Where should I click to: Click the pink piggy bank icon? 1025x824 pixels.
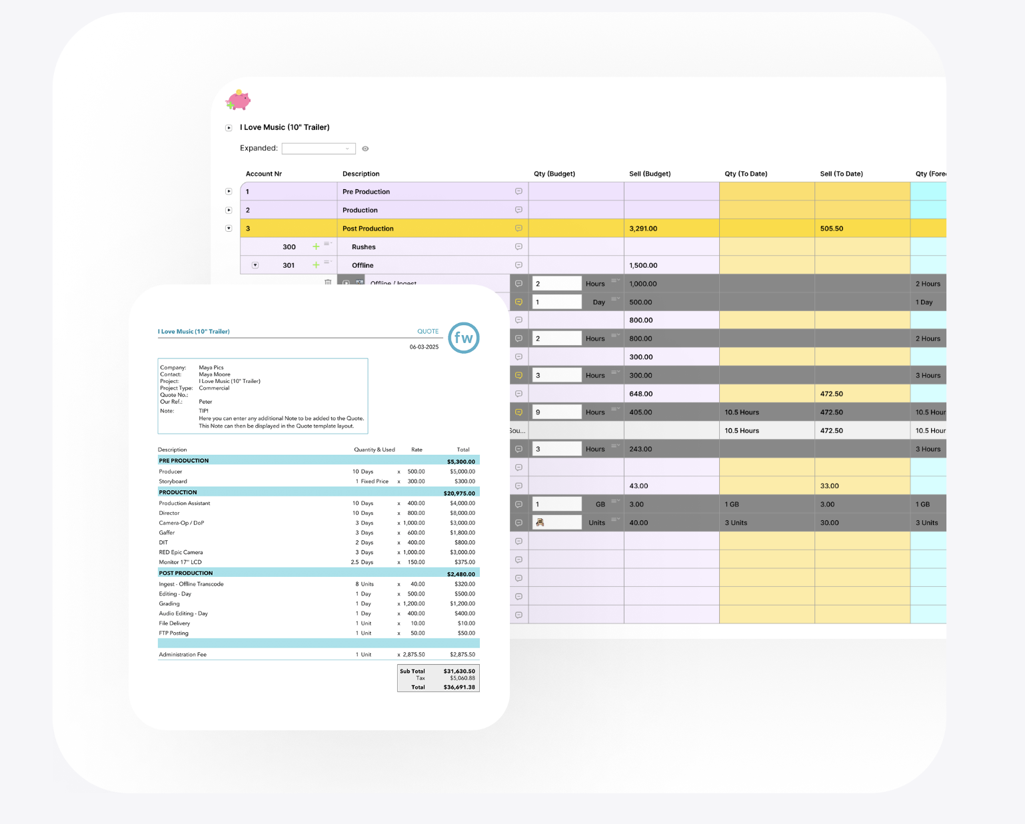pyautogui.click(x=238, y=101)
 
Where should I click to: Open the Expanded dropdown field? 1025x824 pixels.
pyautogui.click(x=318, y=149)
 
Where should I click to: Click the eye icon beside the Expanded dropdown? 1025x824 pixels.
pyautogui.click(x=365, y=149)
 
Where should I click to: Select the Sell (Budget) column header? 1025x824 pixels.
pyautogui.click(x=650, y=174)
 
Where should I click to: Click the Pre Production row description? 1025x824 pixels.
pyautogui.click(x=366, y=192)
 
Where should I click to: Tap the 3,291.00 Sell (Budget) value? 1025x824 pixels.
pyautogui.click(x=643, y=228)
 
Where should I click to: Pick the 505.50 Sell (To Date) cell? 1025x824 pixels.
pyautogui.click(x=832, y=228)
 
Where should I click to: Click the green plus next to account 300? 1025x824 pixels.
pyautogui.click(x=316, y=247)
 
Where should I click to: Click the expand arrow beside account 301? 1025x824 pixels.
pyautogui.click(x=255, y=265)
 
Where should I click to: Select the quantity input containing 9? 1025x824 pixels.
pyautogui.click(x=556, y=412)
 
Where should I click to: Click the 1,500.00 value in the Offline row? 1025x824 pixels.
pyautogui.click(x=643, y=265)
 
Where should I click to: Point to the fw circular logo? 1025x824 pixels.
pyautogui.click(x=463, y=338)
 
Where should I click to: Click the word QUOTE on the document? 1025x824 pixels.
pyautogui.click(x=428, y=331)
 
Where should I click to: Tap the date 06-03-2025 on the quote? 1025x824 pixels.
pyautogui.click(x=424, y=347)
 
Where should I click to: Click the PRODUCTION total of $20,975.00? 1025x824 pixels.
pyautogui.click(x=459, y=494)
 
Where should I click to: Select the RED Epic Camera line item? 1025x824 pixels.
pyautogui.click(x=181, y=552)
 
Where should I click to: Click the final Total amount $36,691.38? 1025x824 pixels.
pyautogui.click(x=459, y=687)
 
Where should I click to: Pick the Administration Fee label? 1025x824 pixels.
pyautogui.click(x=183, y=655)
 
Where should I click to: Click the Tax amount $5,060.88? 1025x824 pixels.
pyautogui.click(x=462, y=678)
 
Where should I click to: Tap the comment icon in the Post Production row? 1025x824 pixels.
pyautogui.click(x=518, y=228)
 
